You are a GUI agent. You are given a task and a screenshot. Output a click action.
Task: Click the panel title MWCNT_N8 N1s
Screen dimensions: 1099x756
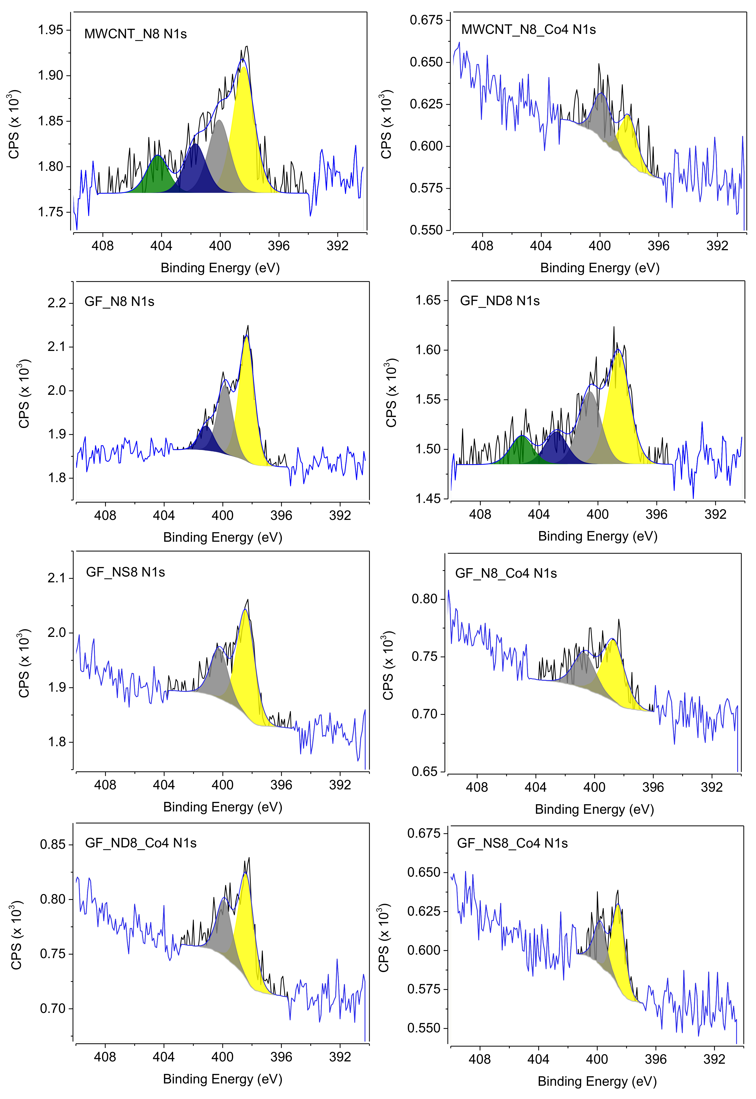[x=135, y=34]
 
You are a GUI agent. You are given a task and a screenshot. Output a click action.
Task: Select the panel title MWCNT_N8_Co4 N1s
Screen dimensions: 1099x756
[x=528, y=30]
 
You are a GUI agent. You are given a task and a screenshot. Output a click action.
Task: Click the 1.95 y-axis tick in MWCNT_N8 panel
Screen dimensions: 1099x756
[x=51, y=30]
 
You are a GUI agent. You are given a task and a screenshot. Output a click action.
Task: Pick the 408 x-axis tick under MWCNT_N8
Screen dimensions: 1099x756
[x=103, y=246]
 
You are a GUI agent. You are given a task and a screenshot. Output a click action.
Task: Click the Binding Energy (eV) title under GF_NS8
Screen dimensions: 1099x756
[x=223, y=807]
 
